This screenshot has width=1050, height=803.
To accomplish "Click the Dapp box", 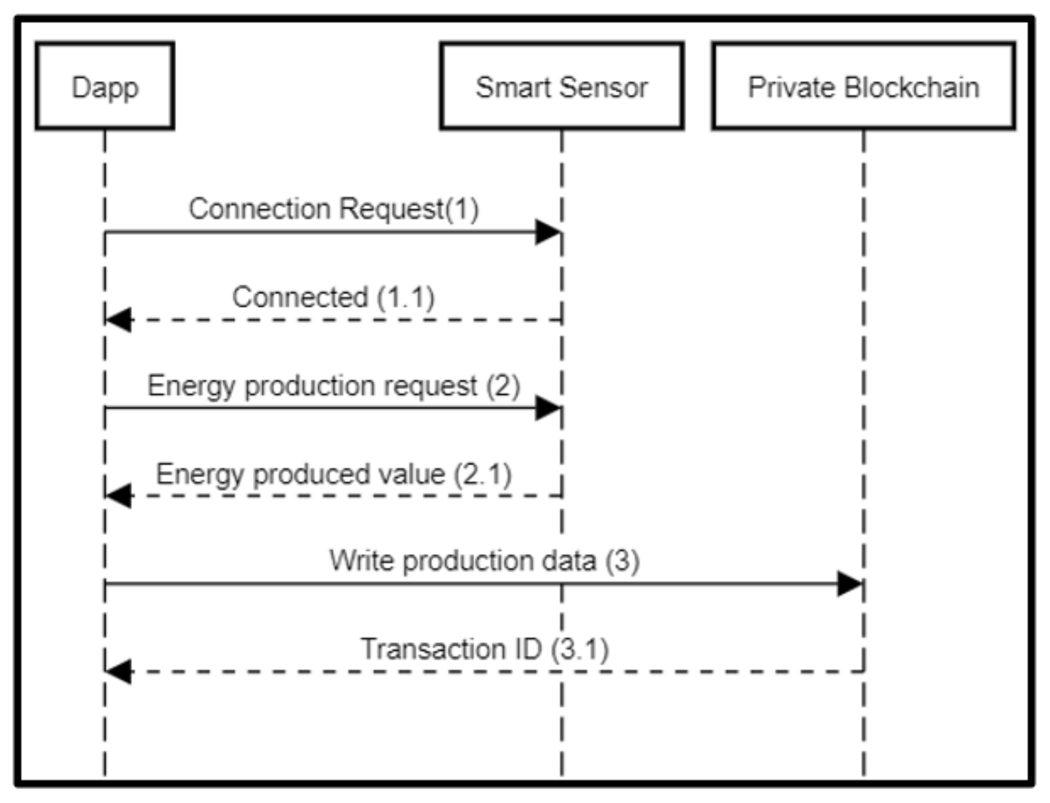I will pos(105,86).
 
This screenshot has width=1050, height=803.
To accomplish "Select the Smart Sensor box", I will pos(561,86).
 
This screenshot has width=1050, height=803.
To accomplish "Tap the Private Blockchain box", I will pos(863,86).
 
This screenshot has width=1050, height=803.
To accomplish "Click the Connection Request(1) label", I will pos(333,210).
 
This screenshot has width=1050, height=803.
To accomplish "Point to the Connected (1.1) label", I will pos(333,297).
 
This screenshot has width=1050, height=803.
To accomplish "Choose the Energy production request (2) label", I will pos(333,386).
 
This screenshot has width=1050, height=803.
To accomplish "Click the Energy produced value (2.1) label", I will pos(333,474).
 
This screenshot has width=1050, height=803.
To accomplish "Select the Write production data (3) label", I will pos(484,561).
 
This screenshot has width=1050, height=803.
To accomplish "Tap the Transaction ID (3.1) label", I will pos(484,649).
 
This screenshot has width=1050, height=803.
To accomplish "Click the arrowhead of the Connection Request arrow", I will pos(547,233).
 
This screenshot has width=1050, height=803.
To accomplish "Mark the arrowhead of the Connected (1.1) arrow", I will pos(118,320).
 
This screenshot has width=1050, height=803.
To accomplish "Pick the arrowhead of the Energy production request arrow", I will pos(547,408).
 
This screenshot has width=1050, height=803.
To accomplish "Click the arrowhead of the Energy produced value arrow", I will pos(118,496).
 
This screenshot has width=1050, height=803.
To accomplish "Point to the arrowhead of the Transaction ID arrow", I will pos(118,671).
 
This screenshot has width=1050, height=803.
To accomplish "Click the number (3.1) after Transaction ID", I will pos(579,649).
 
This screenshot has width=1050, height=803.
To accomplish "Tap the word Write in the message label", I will pos(361,561).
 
